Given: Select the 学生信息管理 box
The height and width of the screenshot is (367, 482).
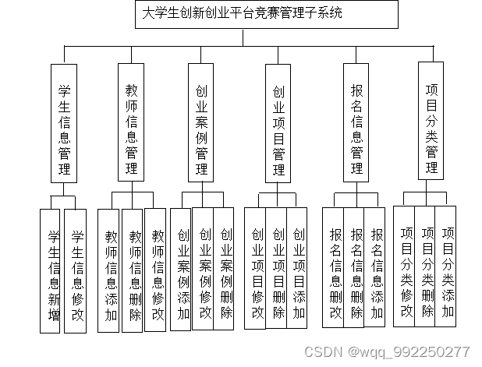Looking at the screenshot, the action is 64,123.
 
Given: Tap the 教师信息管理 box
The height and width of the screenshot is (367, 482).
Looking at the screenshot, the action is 131,123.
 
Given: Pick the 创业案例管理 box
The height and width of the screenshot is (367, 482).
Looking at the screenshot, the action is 201,123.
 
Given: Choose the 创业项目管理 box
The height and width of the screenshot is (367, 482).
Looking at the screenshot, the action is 278,123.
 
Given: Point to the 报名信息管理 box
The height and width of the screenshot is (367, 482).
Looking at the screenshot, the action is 356,122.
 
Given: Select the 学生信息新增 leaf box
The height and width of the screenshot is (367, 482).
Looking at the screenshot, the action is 52,271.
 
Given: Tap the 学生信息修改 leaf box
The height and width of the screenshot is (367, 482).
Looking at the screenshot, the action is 75,271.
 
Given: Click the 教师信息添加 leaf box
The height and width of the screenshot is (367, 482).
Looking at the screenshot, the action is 111,270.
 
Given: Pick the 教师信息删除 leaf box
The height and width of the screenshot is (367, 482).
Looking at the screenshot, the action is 133,270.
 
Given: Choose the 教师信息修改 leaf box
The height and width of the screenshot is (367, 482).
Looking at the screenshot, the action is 156,270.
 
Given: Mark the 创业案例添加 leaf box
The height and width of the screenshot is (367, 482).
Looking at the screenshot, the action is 182,270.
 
